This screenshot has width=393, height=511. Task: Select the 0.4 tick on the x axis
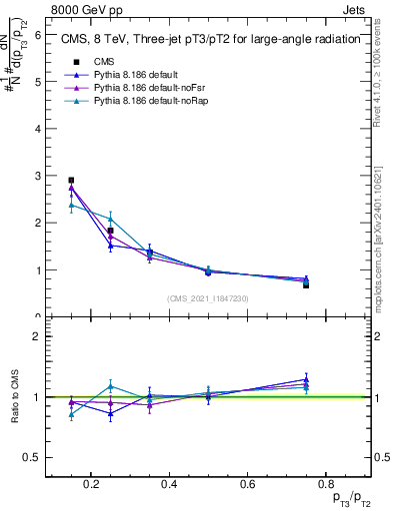168,484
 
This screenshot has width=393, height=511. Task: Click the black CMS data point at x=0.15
71,181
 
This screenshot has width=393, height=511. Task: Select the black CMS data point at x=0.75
306,284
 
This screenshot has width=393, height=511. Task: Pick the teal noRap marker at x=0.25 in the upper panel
110,219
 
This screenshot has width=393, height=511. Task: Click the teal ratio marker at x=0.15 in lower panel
71,415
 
